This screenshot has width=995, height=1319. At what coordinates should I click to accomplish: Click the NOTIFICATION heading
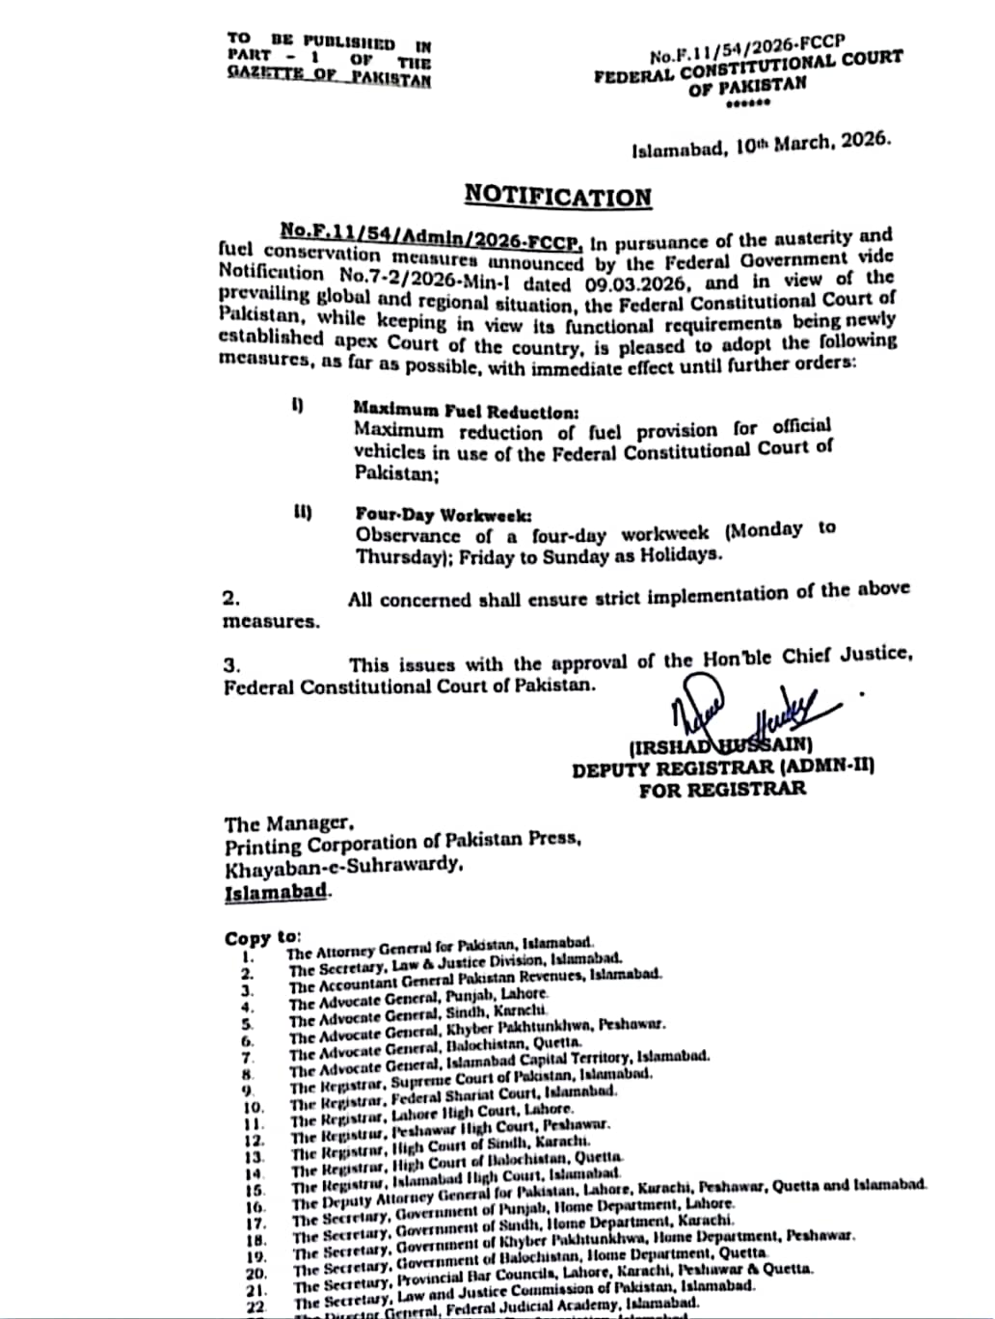click(x=557, y=197)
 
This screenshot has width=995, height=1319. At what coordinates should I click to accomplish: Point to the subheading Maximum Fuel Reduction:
click(x=466, y=410)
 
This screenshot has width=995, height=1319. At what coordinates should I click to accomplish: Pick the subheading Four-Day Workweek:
click(x=443, y=516)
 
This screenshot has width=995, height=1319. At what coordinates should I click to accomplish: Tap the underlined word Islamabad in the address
click(x=276, y=892)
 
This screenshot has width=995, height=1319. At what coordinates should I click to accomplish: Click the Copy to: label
click(x=262, y=937)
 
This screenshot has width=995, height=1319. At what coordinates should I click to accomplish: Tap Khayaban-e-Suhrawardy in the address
click(x=342, y=868)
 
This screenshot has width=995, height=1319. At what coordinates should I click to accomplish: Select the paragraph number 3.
click(x=231, y=665)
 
